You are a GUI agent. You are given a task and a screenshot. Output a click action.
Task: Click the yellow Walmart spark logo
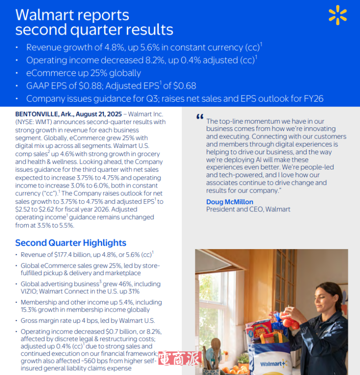337,15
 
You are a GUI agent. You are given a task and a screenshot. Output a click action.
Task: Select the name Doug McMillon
229,202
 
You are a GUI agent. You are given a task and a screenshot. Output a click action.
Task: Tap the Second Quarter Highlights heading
71,243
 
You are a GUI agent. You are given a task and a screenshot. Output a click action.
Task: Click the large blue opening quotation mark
200,118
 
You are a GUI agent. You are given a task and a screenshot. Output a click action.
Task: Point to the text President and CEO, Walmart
248,209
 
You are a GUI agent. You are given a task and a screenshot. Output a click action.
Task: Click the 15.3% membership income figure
30,310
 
